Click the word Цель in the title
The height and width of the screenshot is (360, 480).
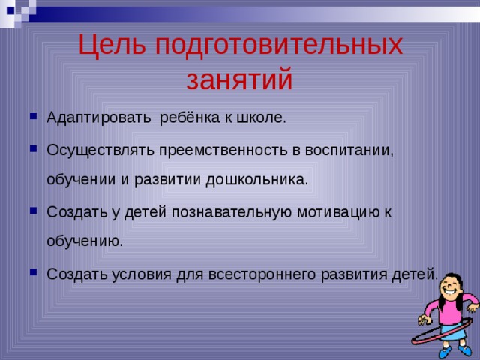point(112,46)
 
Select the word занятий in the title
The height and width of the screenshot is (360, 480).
point(239,79)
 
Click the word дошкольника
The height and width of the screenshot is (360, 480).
point(259,181)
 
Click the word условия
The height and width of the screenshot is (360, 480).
point(145,274)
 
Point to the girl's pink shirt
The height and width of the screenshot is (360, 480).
point(449,309)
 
